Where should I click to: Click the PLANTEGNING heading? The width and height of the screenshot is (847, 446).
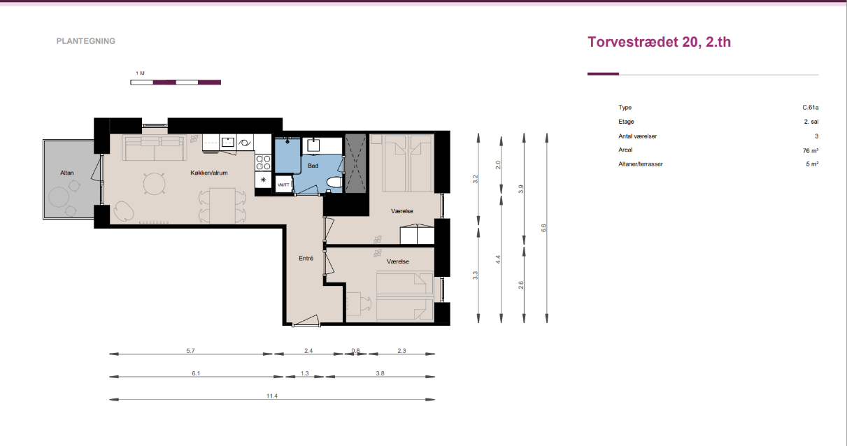click(86, 41)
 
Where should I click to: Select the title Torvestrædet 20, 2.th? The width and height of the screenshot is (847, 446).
click(659, 42)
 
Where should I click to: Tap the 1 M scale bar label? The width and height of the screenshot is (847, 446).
click(141, 73)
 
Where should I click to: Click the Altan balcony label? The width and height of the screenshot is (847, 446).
click(67, 173)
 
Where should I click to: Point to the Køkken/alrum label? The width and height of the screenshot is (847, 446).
click(209, 173)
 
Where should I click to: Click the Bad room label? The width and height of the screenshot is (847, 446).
click(313, 166)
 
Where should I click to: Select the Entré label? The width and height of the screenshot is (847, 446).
click(306, 259)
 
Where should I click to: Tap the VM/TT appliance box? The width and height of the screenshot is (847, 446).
click(283, 185)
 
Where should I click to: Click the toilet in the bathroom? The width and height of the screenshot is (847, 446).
click(334, 182)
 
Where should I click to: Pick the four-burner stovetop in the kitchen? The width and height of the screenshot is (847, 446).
click(264, 162)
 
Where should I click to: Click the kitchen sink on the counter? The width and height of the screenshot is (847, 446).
click(227, 143)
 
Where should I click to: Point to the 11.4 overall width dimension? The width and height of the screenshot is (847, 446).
click(272, 396)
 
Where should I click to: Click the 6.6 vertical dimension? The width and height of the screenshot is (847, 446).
click(543, 228)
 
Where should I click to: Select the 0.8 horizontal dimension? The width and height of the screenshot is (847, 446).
click(355, 351)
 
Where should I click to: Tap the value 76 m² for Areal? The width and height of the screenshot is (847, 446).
click(811, 150)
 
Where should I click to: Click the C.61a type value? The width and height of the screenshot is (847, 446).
click(811, 108)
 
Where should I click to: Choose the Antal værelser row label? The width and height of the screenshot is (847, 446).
click(637, 136)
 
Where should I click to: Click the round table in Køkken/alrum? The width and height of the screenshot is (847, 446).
click(155, 184)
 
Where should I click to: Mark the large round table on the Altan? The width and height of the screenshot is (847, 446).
click(59, 197)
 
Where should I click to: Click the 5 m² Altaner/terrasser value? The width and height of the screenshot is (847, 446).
click(812, 164)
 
